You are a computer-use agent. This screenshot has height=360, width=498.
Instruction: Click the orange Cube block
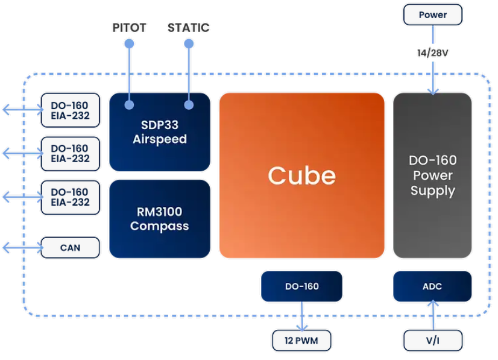click(x=301, y=175)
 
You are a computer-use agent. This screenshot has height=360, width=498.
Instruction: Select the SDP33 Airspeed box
click(x=160, y=132)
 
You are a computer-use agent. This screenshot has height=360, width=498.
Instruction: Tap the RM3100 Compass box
click(x=160, y=219)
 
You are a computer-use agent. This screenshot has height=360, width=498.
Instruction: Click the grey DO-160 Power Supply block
click(x=432, y=175)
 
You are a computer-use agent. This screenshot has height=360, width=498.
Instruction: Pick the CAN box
click(x=70, y=247)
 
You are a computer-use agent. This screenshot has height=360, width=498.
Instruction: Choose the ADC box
click(x=432, y=286)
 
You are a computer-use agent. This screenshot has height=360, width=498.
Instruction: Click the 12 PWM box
click(x=301, y=341)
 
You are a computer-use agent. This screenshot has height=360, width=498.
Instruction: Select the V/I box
click(x=432, y=341)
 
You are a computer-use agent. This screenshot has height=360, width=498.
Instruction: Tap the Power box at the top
click(x=432, y=14)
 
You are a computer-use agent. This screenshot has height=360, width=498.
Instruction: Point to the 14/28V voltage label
click(x=432, y=52)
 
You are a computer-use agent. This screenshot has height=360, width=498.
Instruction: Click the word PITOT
click(x=129, y=28)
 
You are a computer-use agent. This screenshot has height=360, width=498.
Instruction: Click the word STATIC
click(x=188, y=28)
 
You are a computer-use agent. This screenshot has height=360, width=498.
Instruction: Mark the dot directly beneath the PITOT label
click(x=129, y=43)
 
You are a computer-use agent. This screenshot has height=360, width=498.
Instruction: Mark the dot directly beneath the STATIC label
click(x=189, y=43)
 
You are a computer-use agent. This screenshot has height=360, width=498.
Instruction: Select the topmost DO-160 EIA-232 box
click(x=70, y=110)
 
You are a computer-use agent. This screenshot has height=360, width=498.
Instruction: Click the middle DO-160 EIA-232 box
click(x=70, y=154)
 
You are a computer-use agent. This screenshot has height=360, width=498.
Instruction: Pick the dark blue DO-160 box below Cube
click(x=301, y=286)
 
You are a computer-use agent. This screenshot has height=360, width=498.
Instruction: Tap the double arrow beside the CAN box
click(x=22, y=247)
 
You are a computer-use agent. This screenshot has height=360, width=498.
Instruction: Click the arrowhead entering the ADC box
click(x=433, y=303)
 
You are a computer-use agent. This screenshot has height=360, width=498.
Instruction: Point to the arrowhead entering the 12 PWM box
click(x=301, y=327)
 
